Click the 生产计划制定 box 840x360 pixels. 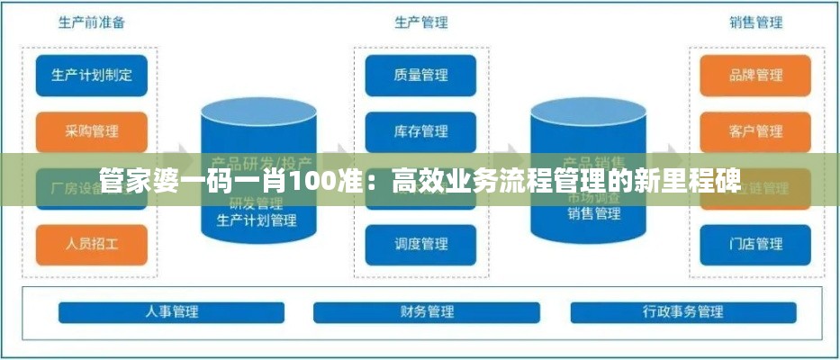tap(91, 76)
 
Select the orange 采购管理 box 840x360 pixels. tap(91, 131)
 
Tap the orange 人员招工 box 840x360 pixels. tap(91, 243)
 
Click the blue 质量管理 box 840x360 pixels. tap(420, 76)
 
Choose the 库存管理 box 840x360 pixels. tap(420, 131)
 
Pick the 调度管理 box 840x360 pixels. tap(420, 243)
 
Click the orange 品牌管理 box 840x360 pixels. tap(755, 76)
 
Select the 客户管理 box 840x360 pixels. tap(755, 131)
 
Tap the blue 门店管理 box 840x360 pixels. tap(755, 243)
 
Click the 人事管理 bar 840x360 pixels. tap(171, 312)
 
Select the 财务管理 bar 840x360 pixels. tap(427, 312)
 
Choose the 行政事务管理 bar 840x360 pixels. tap(682, 312)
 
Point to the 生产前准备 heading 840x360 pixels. tap(91, 22)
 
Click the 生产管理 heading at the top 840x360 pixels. tap(420, 22)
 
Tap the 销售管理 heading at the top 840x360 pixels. tap(755, 22)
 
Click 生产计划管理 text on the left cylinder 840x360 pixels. tap(257, 220)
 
